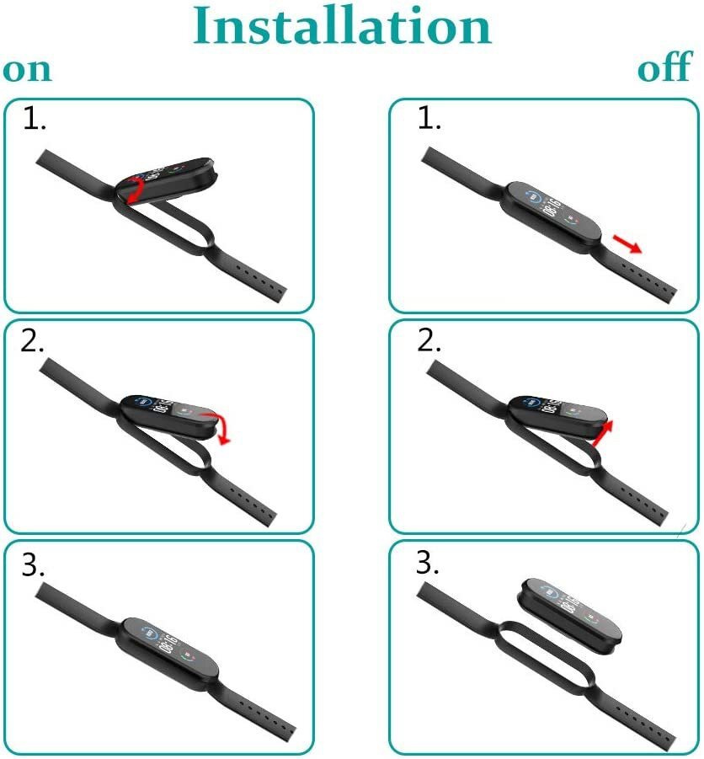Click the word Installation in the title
(x=342, y=25)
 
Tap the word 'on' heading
(x=27, y=70)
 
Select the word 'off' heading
(x=664, y=67)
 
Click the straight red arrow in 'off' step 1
(x=627, y=243)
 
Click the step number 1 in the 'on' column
(x=35, y=119)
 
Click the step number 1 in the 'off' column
(x=429, y=119)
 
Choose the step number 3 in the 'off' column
(x=428, y=563)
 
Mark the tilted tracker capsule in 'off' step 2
(x=557, y=417)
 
